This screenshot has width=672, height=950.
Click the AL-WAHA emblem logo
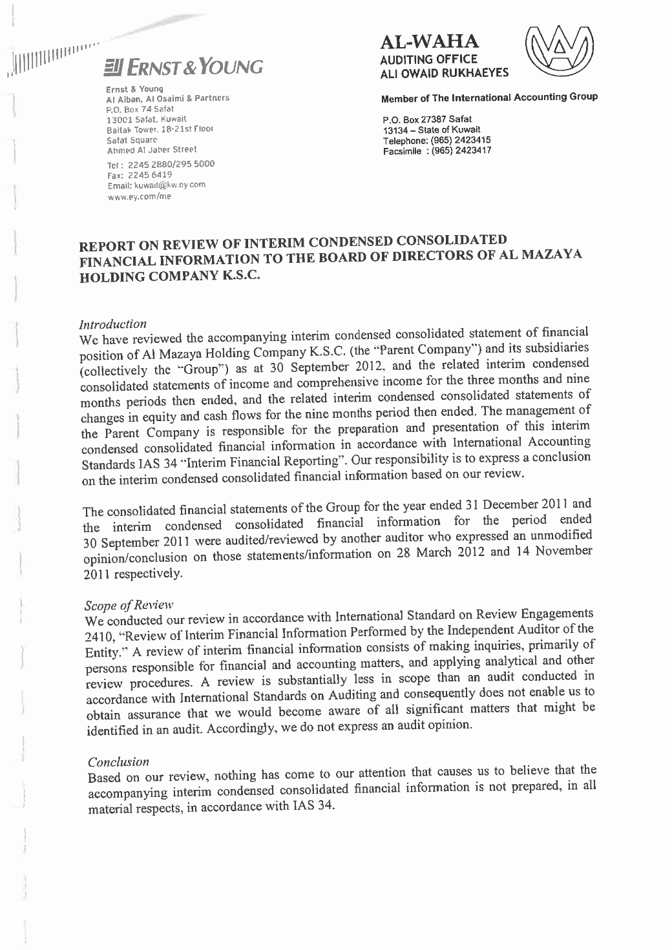[556, 52]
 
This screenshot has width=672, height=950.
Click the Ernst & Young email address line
[156, 185]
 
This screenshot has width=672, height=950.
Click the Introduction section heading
[112, 323]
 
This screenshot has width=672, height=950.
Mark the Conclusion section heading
[118, 761]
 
